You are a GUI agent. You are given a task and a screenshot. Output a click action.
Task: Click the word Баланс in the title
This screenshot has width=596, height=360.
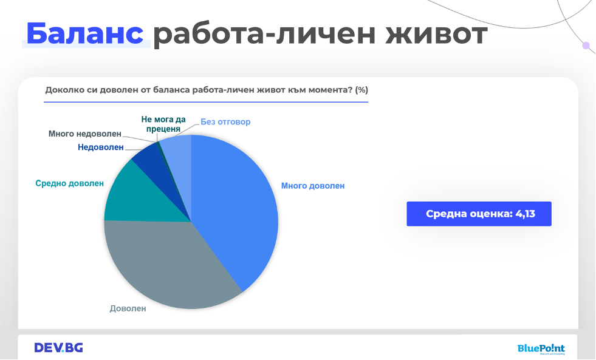click(85, 33)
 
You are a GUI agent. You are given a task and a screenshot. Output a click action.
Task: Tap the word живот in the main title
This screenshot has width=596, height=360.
click(436, 34)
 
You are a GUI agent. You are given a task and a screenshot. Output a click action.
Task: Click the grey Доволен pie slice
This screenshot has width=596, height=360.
click(167, 262)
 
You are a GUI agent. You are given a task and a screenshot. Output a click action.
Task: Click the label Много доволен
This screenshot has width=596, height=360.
click(313, 186)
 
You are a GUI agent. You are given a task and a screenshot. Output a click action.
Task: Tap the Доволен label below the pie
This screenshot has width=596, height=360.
click(128, 308)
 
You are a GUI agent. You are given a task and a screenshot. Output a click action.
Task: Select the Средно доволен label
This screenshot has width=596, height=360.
click(69, 183)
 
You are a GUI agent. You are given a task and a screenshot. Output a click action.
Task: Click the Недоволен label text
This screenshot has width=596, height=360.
click(101, 147)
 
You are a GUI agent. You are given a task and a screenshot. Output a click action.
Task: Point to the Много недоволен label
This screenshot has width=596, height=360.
click(85, 134)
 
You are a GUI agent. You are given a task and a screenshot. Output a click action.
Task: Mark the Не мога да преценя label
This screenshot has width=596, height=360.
click(163, 124)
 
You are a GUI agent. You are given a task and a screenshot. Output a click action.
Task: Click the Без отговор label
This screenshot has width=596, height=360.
click(225, 122)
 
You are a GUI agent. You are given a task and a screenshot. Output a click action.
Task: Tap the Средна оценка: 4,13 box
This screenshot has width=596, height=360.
click(479, 214)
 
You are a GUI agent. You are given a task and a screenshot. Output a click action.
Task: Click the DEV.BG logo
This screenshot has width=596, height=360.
click(58, 347)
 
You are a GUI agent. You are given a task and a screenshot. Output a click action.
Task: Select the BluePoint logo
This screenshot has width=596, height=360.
click(541, 348)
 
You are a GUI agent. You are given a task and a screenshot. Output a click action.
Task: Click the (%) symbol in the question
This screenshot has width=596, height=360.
click(361, 90)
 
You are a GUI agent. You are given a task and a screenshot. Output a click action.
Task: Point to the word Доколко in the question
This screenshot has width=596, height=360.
click(63, 90)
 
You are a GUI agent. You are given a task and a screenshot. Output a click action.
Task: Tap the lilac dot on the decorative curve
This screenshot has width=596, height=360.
click(586, 46)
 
